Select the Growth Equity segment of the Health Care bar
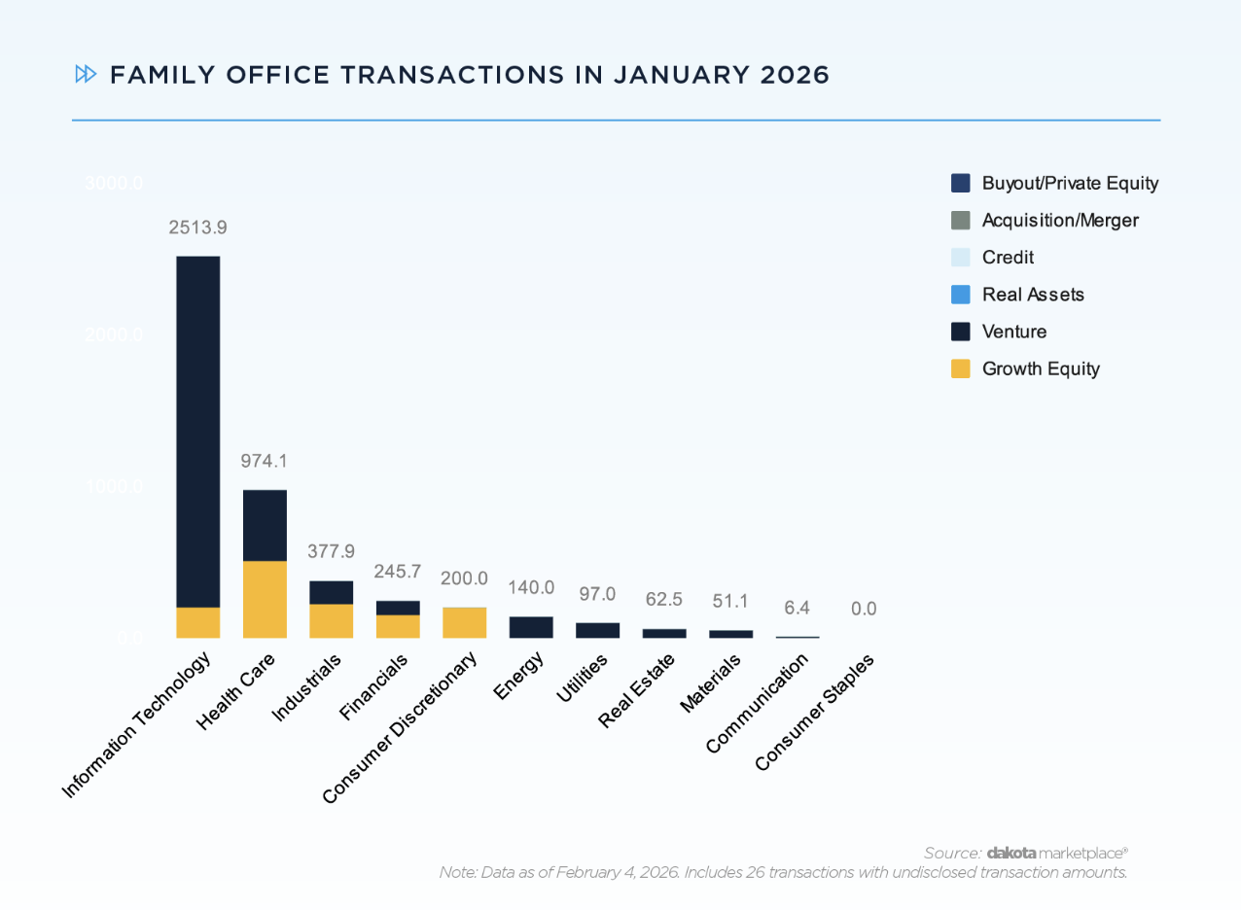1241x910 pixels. coord(265,599)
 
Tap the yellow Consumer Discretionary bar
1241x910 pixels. coord(464,622)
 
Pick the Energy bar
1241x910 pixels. coord(531,627)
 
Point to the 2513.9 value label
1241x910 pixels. coord(197,227)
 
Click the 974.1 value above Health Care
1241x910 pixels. coord(265,461)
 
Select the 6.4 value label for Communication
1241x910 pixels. coord(797,608)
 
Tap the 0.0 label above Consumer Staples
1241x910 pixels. coord(864,609)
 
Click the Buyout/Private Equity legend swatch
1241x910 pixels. coord(961,183)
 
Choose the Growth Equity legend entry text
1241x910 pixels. coord(1041,368)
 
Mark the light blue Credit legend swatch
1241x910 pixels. coord(961,258)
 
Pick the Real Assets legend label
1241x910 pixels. coord(1033,295)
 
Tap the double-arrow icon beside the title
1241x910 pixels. coord(86,75)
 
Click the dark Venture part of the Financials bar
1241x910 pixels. coord(398,608)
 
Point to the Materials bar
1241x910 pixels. coord(730,634)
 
